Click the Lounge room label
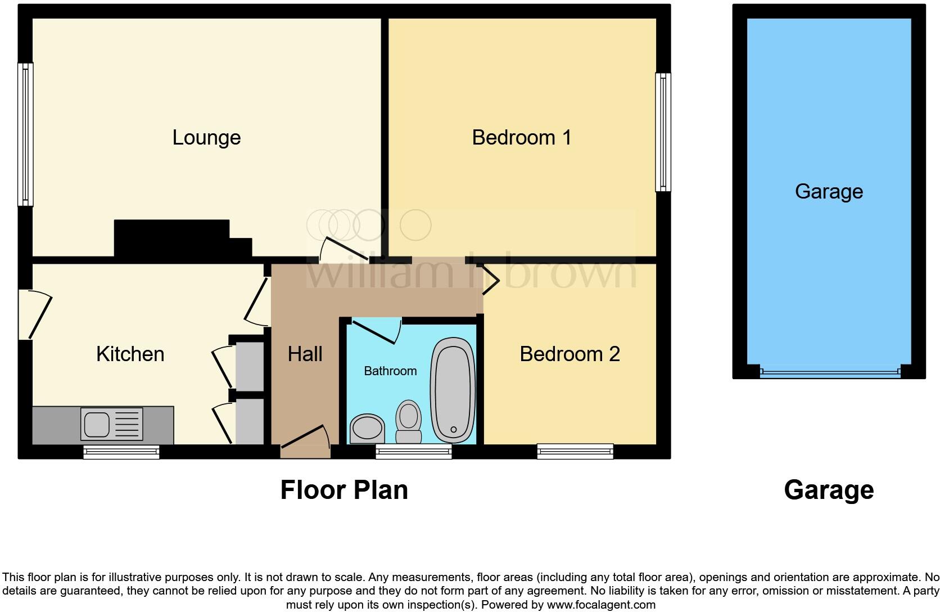(x=206, y=138)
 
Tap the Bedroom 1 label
(x=521, y=138)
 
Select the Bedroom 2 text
(x=570, y=354)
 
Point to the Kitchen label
(x=130, y=354)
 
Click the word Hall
(x=305, y=354)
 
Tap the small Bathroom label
(x=390, y=371)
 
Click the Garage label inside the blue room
(x=829, y=192)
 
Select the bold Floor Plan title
(x=344, y=490)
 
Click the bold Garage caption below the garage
(x=829, y=490)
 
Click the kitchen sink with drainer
(x=112, y=424)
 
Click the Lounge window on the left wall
(x=25, y=134)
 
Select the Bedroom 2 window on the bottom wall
(x=575, y=451)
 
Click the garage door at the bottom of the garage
(x=829, y=372)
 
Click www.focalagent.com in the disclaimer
(x=601, y=605)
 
